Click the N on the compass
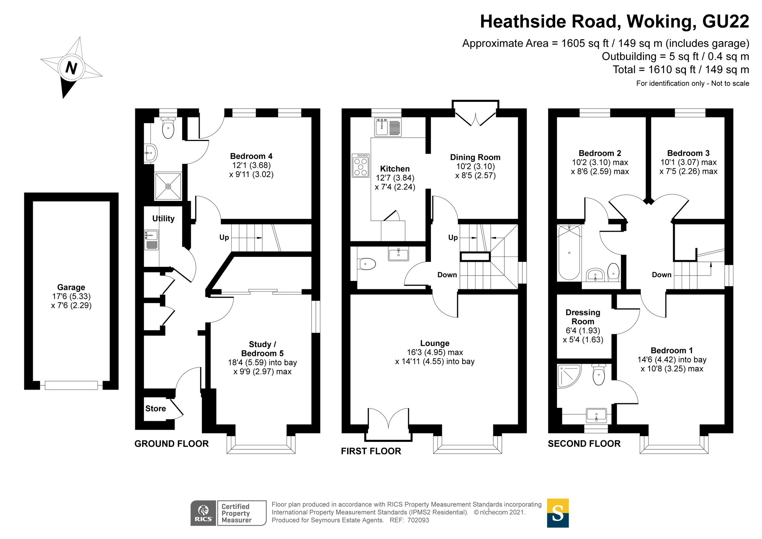[x=71, y=68]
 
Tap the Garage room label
[x=71, y=287]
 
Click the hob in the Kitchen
[x=360, y=165]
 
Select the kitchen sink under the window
[x=388, y=127]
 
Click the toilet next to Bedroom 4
[x=168, y=128]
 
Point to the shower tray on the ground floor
[x=168, y=186]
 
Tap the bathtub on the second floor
[x=569, y=252]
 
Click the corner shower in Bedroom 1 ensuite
[x=568, y=376]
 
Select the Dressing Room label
[x=583, y=317]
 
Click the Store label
[x=155, y=409]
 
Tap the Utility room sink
[x=151, y=240]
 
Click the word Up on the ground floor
[x=224, y=237]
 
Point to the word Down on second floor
[x=661, y=275]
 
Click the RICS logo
[x=203, y=513]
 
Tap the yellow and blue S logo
[x=557, y=513]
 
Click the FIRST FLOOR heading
[x=371, y=451]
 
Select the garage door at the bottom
[x=71, y=385]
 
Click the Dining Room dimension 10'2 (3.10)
[x=475, y=167]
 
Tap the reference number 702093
[x=418, y=520]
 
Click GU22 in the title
[x=725, y=22]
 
